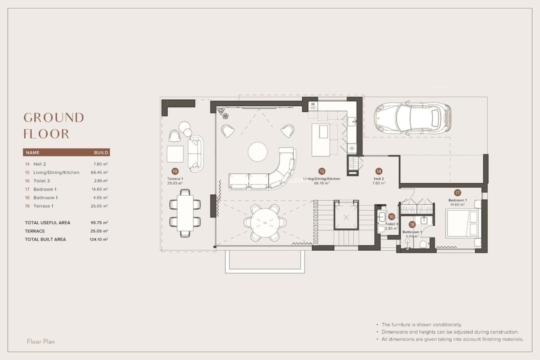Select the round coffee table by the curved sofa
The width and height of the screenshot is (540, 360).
tap(257, 151)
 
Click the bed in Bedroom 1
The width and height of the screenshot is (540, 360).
tap(463, 223)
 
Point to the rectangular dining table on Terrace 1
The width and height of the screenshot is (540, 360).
tap(184, 212)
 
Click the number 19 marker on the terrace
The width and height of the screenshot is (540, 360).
tap(175, 171)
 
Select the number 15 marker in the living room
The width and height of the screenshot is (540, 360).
tap(321, 171)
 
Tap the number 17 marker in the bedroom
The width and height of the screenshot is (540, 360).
tap(457, 192)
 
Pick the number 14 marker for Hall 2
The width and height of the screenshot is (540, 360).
tap(378, 171)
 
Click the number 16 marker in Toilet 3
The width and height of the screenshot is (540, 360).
tap(391, 216)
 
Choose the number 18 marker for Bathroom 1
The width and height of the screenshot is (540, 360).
tap(412, 224)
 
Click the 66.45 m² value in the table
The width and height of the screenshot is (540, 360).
tap(99, 172)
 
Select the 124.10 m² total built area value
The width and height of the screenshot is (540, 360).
tap(98, 239)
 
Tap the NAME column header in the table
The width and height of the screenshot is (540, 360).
tap(32, 152)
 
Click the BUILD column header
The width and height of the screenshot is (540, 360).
tap(101, 152)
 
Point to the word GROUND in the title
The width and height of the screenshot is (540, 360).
tap(53, 117)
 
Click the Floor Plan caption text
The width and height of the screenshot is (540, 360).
tap(40, 341)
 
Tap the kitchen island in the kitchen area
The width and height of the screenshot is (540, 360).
tap(320, 139)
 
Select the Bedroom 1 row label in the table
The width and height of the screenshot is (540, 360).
tap(44, 189)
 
